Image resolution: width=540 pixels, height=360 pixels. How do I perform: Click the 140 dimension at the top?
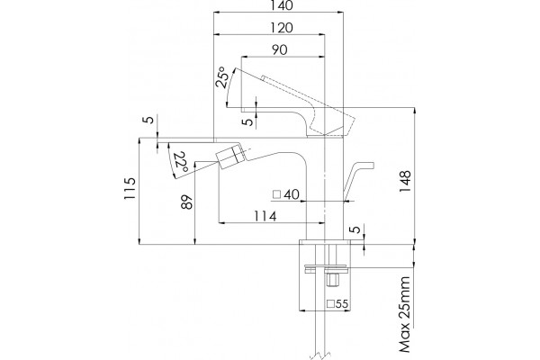point(282,5)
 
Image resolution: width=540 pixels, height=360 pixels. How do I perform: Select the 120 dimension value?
point(281,28)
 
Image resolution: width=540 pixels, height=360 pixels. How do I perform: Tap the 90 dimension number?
point(279,50)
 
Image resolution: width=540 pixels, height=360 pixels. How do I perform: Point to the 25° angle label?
point(222,77)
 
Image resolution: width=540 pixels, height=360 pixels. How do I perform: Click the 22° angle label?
point(181,162)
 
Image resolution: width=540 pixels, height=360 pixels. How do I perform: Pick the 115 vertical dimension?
point(130,188)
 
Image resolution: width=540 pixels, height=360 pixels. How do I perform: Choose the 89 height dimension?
point(186,202)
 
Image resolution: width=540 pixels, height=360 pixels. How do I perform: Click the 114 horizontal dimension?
point(265,216)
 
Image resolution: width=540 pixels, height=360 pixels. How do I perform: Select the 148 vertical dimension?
point(405,182)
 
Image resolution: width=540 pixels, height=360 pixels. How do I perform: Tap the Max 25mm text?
point(405,314)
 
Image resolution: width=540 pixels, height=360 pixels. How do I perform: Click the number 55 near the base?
point(342,304)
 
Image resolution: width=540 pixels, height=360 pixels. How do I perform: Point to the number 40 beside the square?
point(292,194)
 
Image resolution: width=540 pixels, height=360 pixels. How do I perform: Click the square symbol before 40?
point(277,194)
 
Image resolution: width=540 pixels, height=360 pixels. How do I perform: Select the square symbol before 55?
point(330,304)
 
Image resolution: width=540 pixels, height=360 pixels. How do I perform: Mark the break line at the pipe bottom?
point(319,355)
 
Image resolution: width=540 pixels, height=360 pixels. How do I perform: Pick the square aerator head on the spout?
point(230,157)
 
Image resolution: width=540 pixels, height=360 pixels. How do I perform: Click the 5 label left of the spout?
point(149,120)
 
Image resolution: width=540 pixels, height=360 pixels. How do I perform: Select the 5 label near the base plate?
point(356,229)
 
